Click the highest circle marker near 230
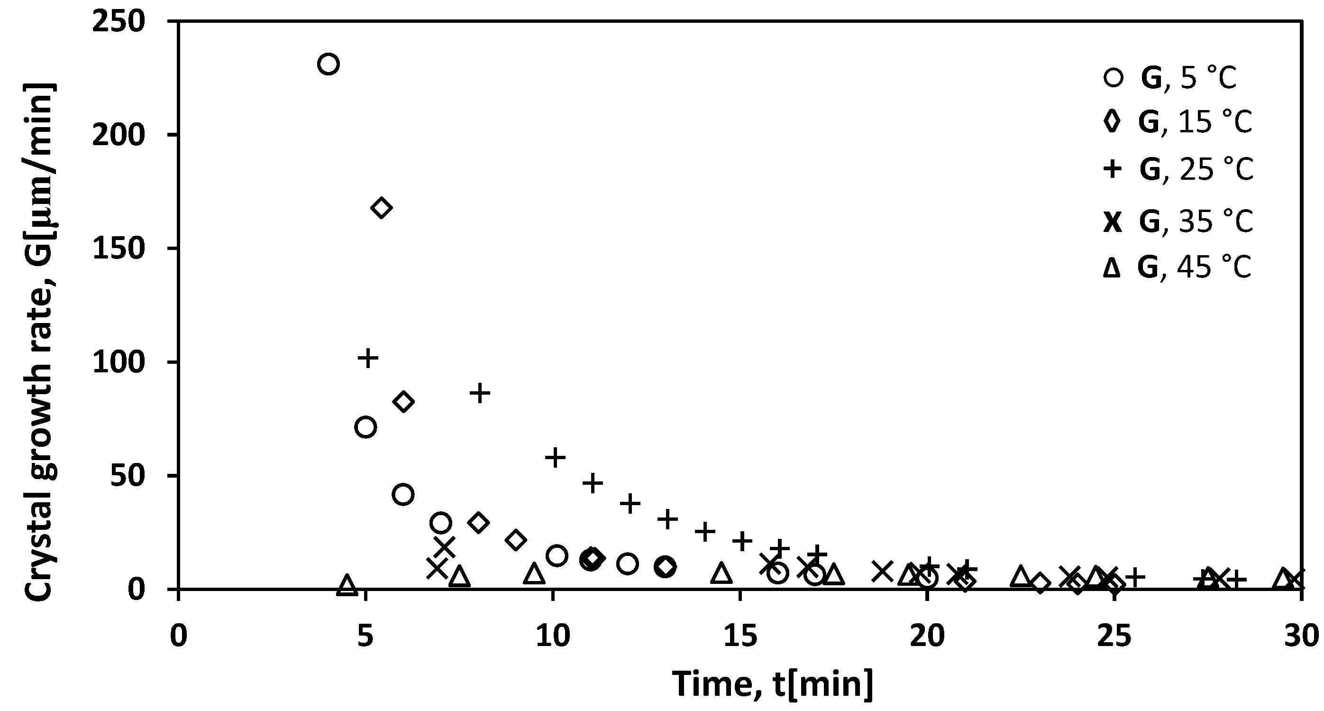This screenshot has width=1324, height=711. pos(328,64)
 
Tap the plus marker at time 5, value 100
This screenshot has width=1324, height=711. pos(367,357)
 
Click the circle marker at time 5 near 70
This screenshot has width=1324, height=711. pos(365,427)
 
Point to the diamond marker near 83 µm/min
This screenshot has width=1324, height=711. pos(403,402)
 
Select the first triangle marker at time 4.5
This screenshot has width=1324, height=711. pos(347,584)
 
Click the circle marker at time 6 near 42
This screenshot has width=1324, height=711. pos(403,495)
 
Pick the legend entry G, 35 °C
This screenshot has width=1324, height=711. pos(1177,222)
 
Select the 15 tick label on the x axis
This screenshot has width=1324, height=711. pos(740,637)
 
